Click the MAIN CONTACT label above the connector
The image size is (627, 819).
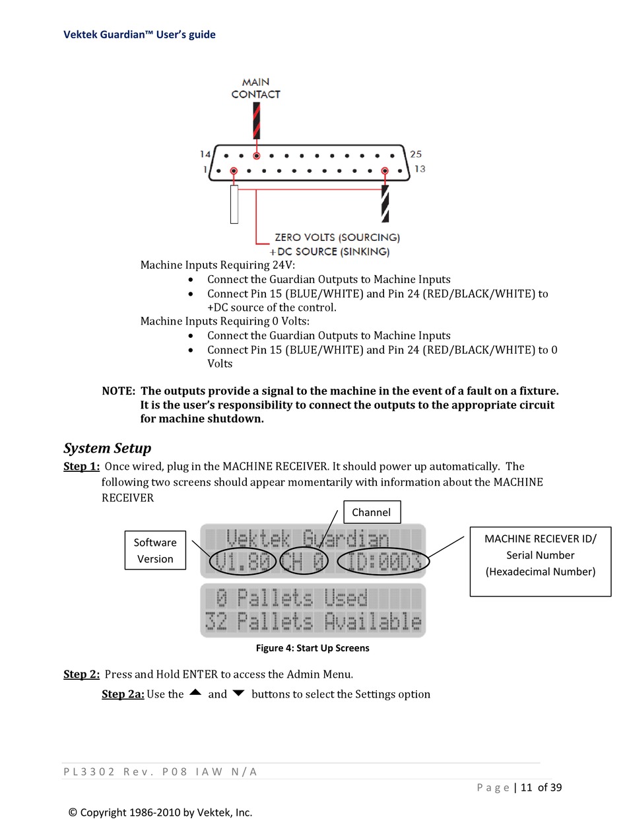click(255, 88)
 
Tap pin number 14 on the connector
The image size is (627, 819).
click(205, 154)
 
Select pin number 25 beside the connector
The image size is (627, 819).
click(416, 154)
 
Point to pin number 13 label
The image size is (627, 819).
click(420, 169)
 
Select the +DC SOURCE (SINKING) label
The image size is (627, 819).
click(329, 251)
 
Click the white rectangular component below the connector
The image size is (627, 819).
click(234, 204)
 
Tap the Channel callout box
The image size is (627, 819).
click(371, 512)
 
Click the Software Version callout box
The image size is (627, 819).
click(155, 550)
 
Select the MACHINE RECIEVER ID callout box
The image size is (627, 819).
click(540, 555)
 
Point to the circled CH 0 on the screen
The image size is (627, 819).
click(304, 562)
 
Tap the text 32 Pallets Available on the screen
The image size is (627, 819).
click(313, 622)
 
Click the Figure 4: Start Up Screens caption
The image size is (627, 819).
click(312, 648)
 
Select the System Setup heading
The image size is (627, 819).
click(107, 448)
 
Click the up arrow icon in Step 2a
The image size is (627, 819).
click(195, 693)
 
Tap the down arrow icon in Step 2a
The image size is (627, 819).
click(238, 694)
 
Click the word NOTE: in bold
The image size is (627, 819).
click(118, 391)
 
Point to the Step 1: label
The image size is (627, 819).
click(81, 467)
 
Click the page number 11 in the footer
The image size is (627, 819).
click(526, 787)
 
